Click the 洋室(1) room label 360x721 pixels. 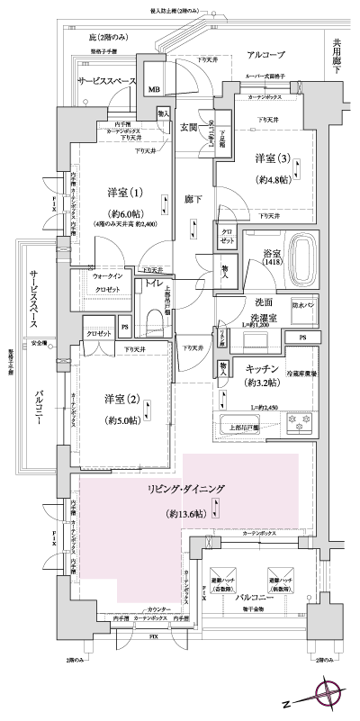point(124,192)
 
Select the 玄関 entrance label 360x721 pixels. point(190,127)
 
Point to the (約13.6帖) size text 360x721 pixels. point(186,513)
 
